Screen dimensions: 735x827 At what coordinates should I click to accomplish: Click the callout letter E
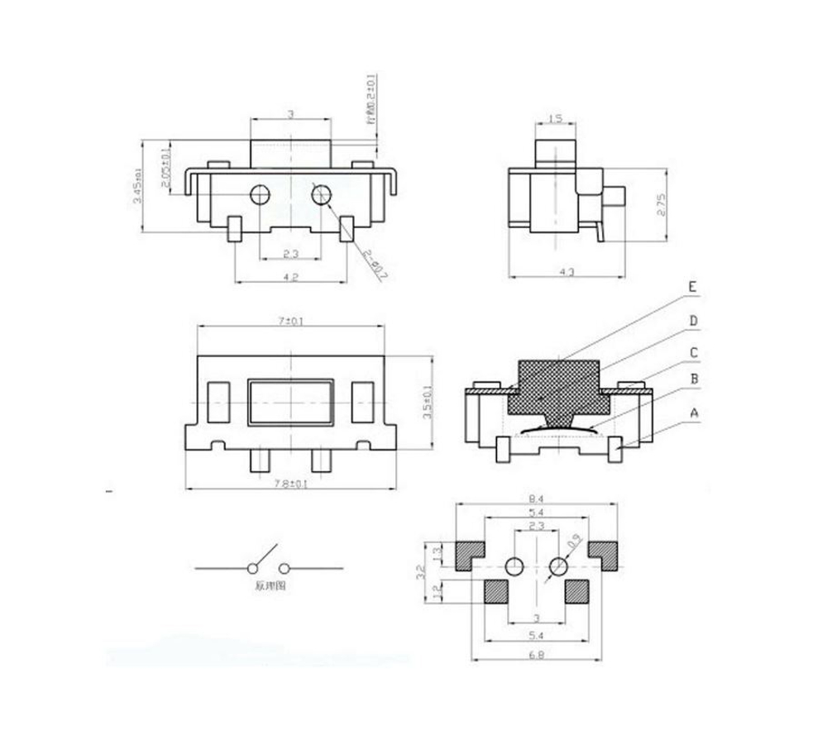[694, 288]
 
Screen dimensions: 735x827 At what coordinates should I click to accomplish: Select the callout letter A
[694, 411]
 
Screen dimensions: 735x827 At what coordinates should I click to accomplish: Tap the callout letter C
[694, 352]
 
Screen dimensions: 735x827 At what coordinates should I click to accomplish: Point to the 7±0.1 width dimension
[291, 320]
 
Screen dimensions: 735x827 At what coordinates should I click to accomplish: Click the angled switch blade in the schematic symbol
[262, 557]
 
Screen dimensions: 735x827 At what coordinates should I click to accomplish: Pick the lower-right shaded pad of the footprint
[576, 590]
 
